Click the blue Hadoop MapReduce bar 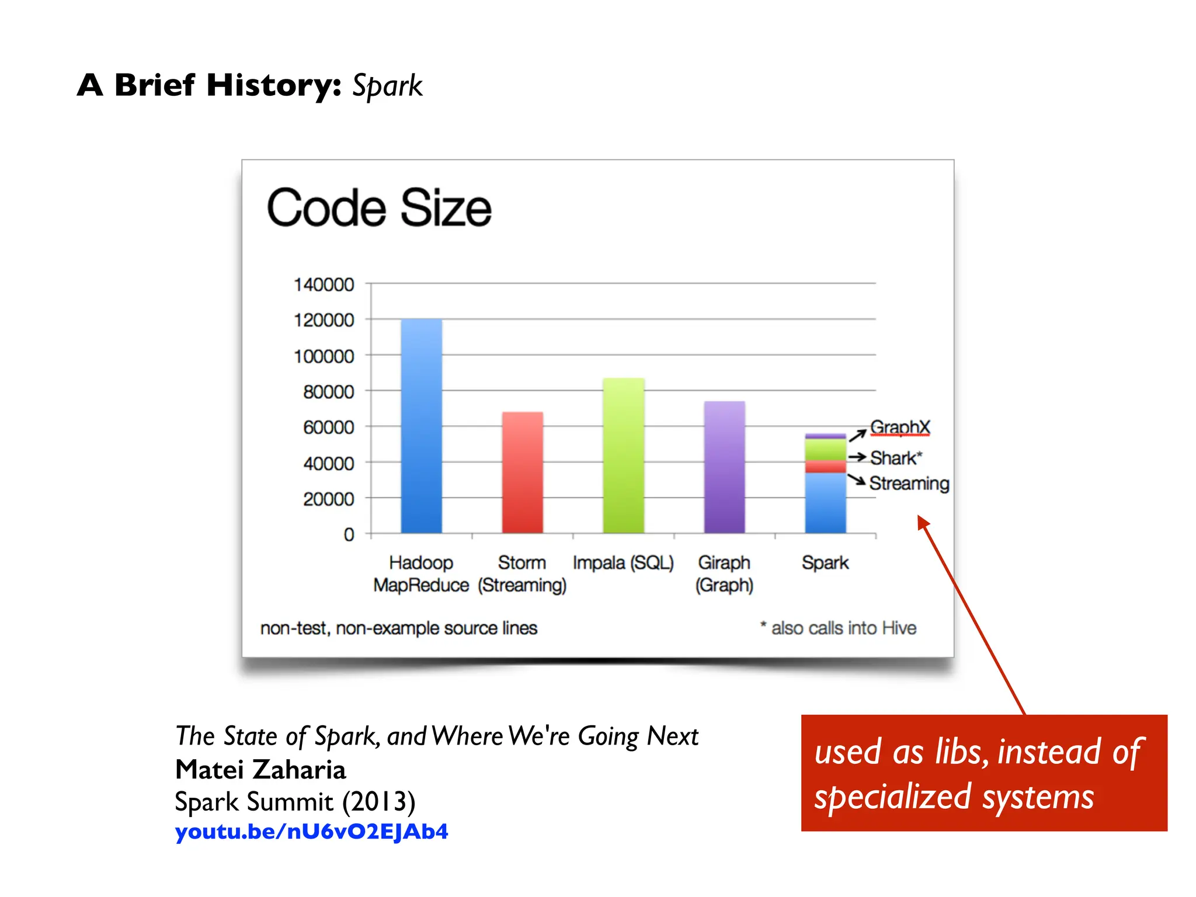421,426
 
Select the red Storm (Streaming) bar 522,473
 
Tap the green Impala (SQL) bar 623,456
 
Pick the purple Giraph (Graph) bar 724,467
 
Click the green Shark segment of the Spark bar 825,450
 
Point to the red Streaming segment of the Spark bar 825,467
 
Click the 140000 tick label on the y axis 324,285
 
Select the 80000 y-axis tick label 328,392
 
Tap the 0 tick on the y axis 349,535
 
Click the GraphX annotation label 899,427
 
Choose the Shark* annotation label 896,458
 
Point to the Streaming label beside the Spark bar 909,484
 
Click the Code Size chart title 379,208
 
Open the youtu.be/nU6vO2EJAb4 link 311,831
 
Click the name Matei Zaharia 260,770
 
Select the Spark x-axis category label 825,563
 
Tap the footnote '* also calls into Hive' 838,628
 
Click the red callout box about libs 983,773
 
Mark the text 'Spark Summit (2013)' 295,801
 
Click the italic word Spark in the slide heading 387,86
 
